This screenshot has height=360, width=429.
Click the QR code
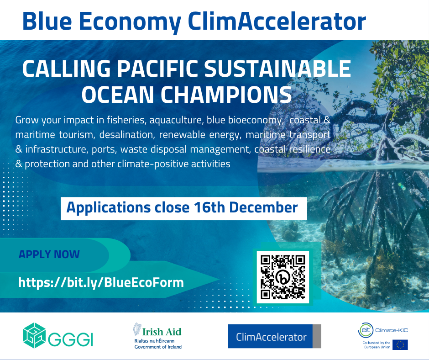pyautogui.click(x=283, y=277)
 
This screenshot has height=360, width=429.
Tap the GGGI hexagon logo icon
pyautogui.click(x=34, y=335)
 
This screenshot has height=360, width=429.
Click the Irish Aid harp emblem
pyautogui.click(x=137, y=329)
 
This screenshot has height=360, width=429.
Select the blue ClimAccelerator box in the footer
pyautogui.click(x=274, y=336)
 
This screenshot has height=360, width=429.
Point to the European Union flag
pyautogui.click(x=400, y=344)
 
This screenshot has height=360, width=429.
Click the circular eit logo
pyautogui.click(x=366, y=330)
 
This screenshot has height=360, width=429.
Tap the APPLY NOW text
pyautogui.click(x=49, y=254)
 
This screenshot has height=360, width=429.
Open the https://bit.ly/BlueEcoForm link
pyautogui.click(x=101, y=282)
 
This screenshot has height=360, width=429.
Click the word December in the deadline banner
pyautogui.click(x=263, y=207)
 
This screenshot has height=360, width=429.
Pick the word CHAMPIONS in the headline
pyautogui.click(x=226, y=95)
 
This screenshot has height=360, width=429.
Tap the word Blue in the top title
pyautogui.click(x=47, y=21)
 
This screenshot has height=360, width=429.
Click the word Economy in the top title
pyautogui.click(x=130, y=22)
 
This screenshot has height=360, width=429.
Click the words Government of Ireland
pyautogui.click(x=158, y=347)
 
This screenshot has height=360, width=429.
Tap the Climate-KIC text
pyautogui.click(x=392, y=330)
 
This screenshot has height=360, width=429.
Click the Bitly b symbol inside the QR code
pyautogui.click(x=283, y=277)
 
